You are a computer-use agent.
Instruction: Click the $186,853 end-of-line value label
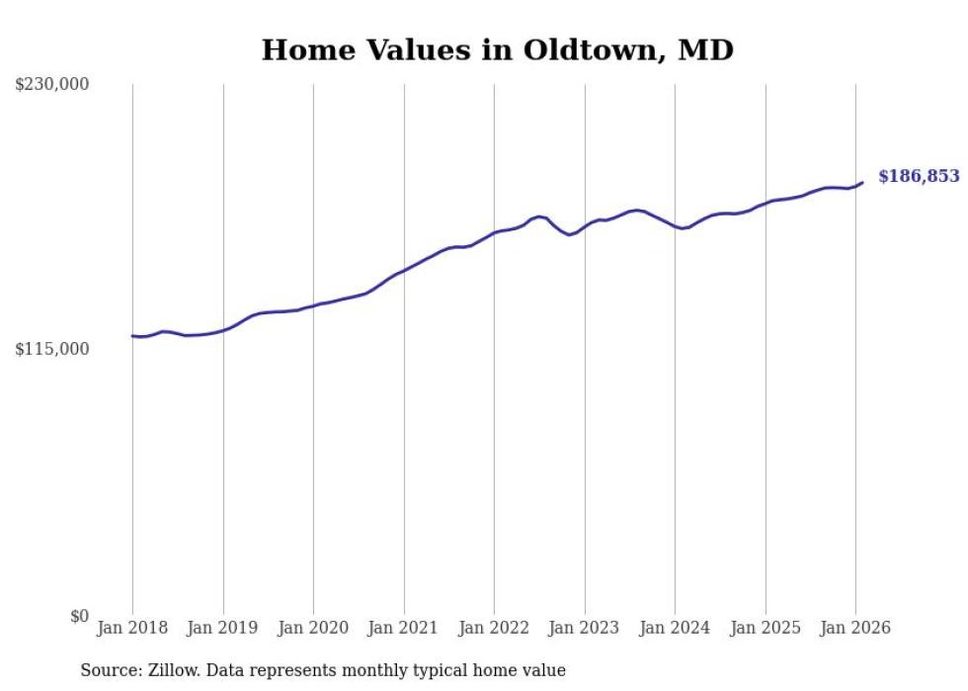918,176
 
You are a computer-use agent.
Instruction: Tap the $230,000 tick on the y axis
51,85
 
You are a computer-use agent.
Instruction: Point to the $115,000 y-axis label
51,349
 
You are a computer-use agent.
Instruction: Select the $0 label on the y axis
79,616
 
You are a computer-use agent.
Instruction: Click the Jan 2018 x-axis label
132,628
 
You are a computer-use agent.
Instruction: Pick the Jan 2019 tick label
223,628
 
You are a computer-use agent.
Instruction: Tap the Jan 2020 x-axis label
313,628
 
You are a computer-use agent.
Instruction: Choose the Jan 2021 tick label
404,628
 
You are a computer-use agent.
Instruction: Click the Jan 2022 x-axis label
494,628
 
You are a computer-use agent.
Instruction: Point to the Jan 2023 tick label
585,628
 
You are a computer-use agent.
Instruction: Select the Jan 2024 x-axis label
675,628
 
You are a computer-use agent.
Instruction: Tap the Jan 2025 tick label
766,628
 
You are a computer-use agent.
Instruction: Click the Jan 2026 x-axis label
855,628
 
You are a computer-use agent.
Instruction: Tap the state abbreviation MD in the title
705,49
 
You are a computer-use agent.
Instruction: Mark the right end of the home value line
862,182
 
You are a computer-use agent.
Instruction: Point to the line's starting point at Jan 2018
132,336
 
